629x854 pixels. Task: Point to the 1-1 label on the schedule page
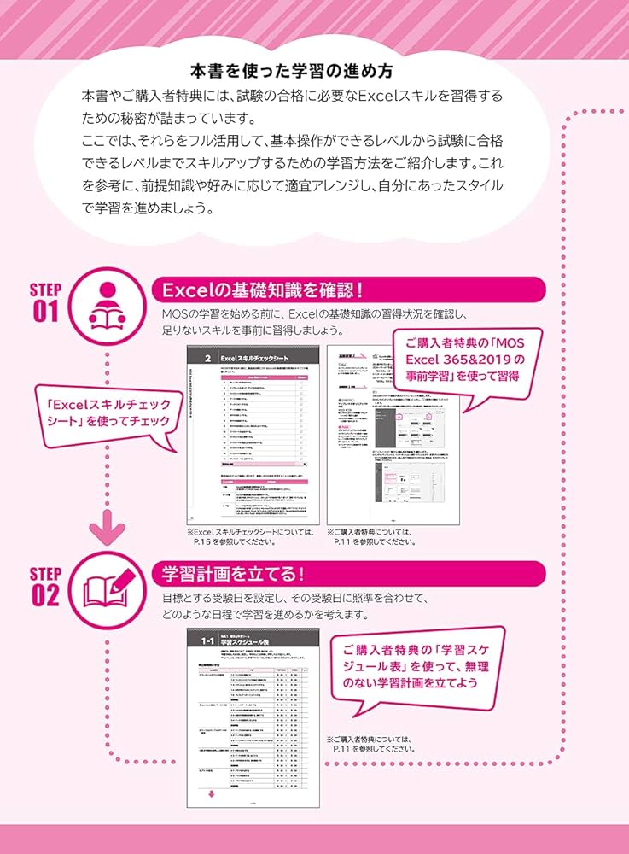[207, 640]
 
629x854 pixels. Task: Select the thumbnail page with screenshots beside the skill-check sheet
[393, 435]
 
